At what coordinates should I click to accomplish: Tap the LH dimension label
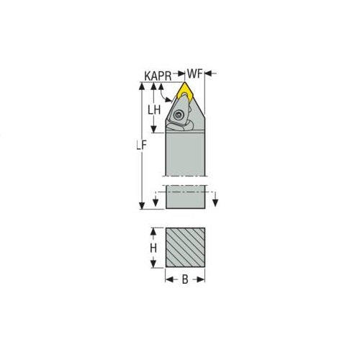click(153, 109)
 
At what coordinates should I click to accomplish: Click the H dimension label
click(153, 247)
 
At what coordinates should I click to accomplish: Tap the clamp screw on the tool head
click(179, 115)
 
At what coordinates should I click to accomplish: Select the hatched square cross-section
click(186, 248)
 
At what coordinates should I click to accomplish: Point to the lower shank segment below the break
click(186, 197)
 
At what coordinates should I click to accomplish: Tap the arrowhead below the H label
click(153, 262)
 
